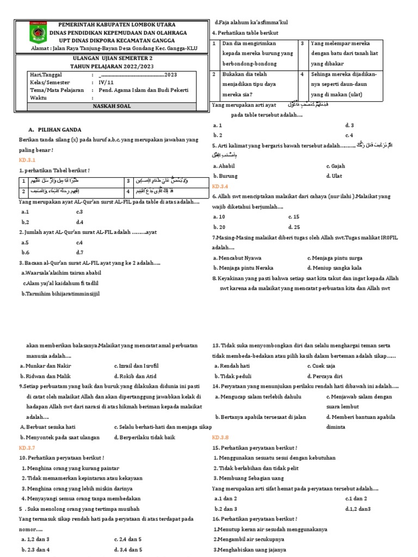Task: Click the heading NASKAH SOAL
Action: point(112,107)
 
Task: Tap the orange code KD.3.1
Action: point(27,160)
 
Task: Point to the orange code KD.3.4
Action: point(220,186)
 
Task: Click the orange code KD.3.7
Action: point(27,447)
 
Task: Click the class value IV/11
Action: point(104,82)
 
